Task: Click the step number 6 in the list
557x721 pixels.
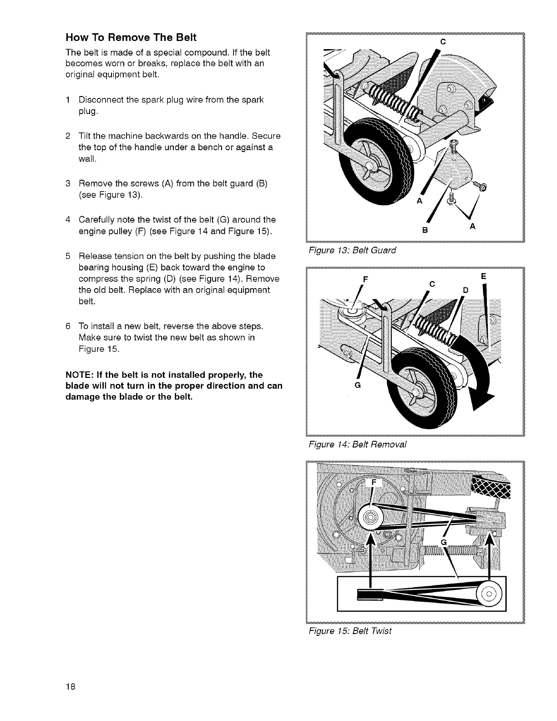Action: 68,327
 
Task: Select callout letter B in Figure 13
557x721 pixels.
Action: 424,229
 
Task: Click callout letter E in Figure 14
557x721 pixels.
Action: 484,276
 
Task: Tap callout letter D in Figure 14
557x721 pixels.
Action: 465,290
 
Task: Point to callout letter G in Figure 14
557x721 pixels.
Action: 357,385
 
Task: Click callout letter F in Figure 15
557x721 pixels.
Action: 374,482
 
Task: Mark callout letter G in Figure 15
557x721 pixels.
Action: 444,540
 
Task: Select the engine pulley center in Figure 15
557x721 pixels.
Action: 370,517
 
